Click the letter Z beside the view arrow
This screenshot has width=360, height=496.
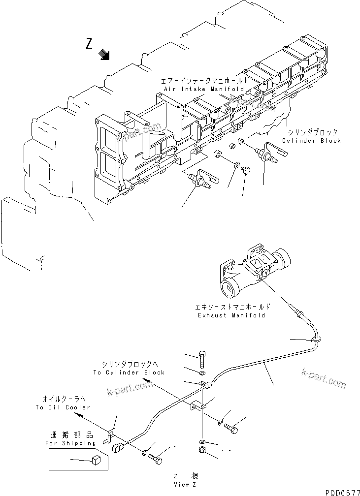point(89,44)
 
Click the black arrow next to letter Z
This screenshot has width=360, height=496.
point(104,54)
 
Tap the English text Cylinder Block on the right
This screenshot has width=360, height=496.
point(311,141)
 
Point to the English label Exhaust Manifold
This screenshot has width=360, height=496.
point(229,315)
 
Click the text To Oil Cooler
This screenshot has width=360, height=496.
point(63,407)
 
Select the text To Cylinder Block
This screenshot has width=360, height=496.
point(129,372)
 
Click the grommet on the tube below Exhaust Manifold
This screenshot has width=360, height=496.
point(315,339)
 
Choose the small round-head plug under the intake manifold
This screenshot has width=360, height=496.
point(247,170)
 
